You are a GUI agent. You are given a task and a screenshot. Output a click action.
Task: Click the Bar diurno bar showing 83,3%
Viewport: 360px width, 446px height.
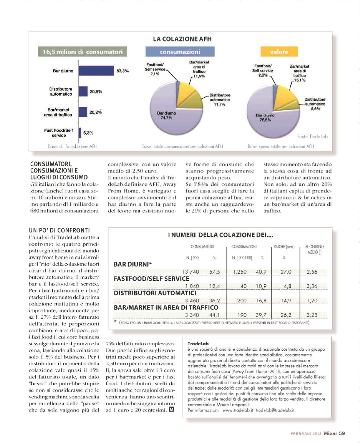click(x=96, y=71)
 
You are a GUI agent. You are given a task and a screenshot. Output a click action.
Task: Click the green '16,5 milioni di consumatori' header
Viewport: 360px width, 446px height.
click(x=83, y=52)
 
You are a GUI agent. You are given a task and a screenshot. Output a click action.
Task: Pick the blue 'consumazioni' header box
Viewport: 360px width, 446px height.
click(x=180, y=52)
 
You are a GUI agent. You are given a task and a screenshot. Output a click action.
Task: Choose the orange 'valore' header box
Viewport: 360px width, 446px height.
click(x=279, y=52)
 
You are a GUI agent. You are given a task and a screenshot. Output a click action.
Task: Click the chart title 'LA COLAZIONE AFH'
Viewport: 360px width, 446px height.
click(x=182, y=39)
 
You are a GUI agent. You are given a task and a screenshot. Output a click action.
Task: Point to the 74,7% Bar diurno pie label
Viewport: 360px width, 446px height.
click(x=166, y=116)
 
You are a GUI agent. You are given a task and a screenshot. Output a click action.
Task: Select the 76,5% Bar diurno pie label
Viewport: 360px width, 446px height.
click(x=265, y=118)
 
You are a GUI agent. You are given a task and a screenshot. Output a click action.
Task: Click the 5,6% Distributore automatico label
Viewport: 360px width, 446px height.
click(x=315, y=104)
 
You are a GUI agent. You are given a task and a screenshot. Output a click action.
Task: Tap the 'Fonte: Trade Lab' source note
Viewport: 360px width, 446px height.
click(x=312, y=137)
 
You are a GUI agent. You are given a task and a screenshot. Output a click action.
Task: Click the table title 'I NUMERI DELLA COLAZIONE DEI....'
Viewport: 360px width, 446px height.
click(x=220, y=235)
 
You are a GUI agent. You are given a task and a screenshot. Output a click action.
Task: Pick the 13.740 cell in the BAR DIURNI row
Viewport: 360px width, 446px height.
click(x=191, y=272)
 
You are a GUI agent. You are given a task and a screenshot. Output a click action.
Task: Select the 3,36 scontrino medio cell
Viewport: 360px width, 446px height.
click(x=312, y=286)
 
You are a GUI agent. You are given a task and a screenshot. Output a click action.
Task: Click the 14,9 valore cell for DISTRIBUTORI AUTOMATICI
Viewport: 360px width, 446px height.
click(x=286, y=301)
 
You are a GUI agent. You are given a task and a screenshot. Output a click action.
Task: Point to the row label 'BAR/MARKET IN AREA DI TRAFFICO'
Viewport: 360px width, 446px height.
click(x=166, y=308)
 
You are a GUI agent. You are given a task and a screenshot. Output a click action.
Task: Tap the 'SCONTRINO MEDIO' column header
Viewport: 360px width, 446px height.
click(x=314, y=249)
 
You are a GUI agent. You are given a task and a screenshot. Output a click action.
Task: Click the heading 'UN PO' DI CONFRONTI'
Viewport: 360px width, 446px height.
click(x=59, y=230)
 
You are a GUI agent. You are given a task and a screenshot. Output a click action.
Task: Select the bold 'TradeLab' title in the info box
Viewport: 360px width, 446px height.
click(x=198, y=343)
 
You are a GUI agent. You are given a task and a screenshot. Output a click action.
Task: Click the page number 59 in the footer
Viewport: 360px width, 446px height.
click(x=342, y=433)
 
